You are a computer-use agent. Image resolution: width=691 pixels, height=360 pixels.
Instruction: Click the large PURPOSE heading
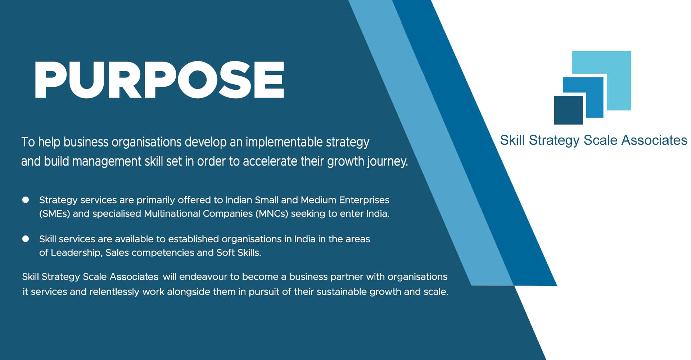(159, 80)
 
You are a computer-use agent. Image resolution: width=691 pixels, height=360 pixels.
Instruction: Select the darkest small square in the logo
(568, 110)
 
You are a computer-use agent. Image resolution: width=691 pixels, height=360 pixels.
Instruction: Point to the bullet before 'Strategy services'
(26, 200)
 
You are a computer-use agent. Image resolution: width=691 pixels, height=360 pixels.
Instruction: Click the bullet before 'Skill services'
(26, 239)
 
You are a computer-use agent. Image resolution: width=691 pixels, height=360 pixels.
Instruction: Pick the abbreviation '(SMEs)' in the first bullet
(54, 214)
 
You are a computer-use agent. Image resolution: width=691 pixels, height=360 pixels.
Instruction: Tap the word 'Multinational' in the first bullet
(172, 214)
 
